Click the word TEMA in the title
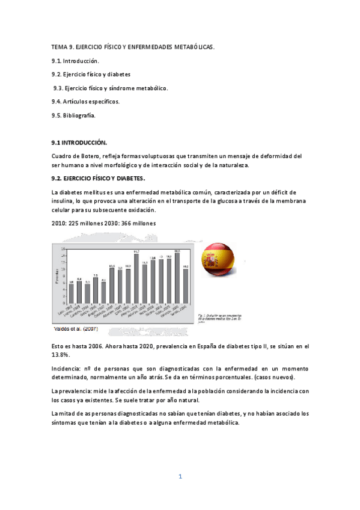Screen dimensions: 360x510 [59, 46]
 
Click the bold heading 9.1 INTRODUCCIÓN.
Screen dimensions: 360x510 [79, 143]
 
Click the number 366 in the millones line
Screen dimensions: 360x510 [118, 223]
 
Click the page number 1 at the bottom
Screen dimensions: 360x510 [180, 477]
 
